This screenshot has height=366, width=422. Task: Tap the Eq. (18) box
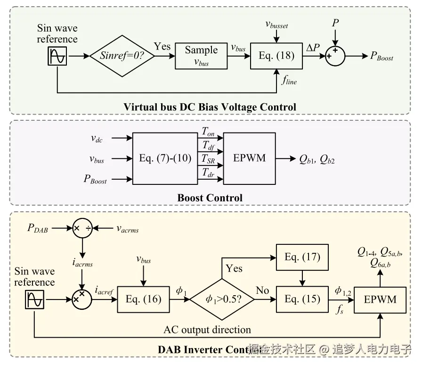276,56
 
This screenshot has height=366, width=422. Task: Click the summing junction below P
334,56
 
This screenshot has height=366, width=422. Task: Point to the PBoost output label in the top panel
381,57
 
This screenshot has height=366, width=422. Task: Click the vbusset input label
276,24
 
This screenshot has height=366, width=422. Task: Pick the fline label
289,81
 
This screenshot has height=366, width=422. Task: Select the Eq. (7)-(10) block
165,158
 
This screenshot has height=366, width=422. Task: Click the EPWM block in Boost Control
249,158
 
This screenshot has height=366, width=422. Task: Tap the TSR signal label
209,159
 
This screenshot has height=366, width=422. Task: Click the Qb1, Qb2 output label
316,159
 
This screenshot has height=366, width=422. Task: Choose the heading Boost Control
210,198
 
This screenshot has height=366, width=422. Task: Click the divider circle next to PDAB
82,228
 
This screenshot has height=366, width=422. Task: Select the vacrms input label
127,229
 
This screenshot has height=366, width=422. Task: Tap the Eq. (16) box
144,299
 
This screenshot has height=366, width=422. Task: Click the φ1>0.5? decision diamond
222,299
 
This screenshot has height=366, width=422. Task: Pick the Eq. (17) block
302,257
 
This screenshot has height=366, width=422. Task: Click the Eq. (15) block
302,299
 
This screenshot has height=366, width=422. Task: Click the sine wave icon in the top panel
57,57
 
